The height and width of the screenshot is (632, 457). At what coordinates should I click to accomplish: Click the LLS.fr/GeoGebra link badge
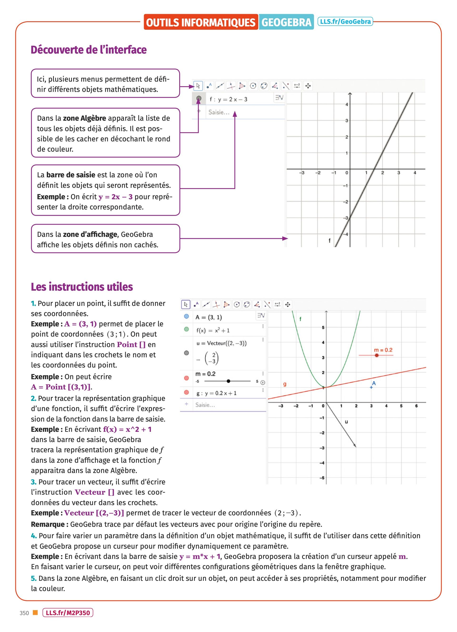click(345, 21)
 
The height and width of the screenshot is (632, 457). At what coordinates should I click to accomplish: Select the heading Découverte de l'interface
click(89, 50)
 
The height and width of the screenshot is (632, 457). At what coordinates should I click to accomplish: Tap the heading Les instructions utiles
click(82, 287)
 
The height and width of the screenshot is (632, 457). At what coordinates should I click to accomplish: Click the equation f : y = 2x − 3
click(228, 99)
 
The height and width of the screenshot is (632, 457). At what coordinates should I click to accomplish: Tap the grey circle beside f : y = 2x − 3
click(199, 98)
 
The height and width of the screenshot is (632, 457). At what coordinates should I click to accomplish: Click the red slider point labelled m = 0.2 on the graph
click(377, 355)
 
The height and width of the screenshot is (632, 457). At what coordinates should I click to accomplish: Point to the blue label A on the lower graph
click(374, 383)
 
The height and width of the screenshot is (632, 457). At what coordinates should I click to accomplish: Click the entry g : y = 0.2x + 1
click(216, 393)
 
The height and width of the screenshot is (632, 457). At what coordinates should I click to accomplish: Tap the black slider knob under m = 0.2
click(228, 381)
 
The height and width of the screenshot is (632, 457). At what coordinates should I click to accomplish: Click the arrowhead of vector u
click(355, 446)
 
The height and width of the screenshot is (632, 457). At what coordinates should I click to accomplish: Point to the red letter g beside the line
click(284, 384)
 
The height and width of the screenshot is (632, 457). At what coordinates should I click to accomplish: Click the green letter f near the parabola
click(300, 319)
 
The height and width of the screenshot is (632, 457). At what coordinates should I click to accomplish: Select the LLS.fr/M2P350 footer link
click(68, 613)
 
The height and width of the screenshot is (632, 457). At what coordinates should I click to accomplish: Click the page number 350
click(24, 613)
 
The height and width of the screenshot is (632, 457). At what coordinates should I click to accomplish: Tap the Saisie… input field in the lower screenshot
click(205, 405)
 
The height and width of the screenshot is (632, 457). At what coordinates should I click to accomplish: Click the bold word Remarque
click(48, 524)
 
